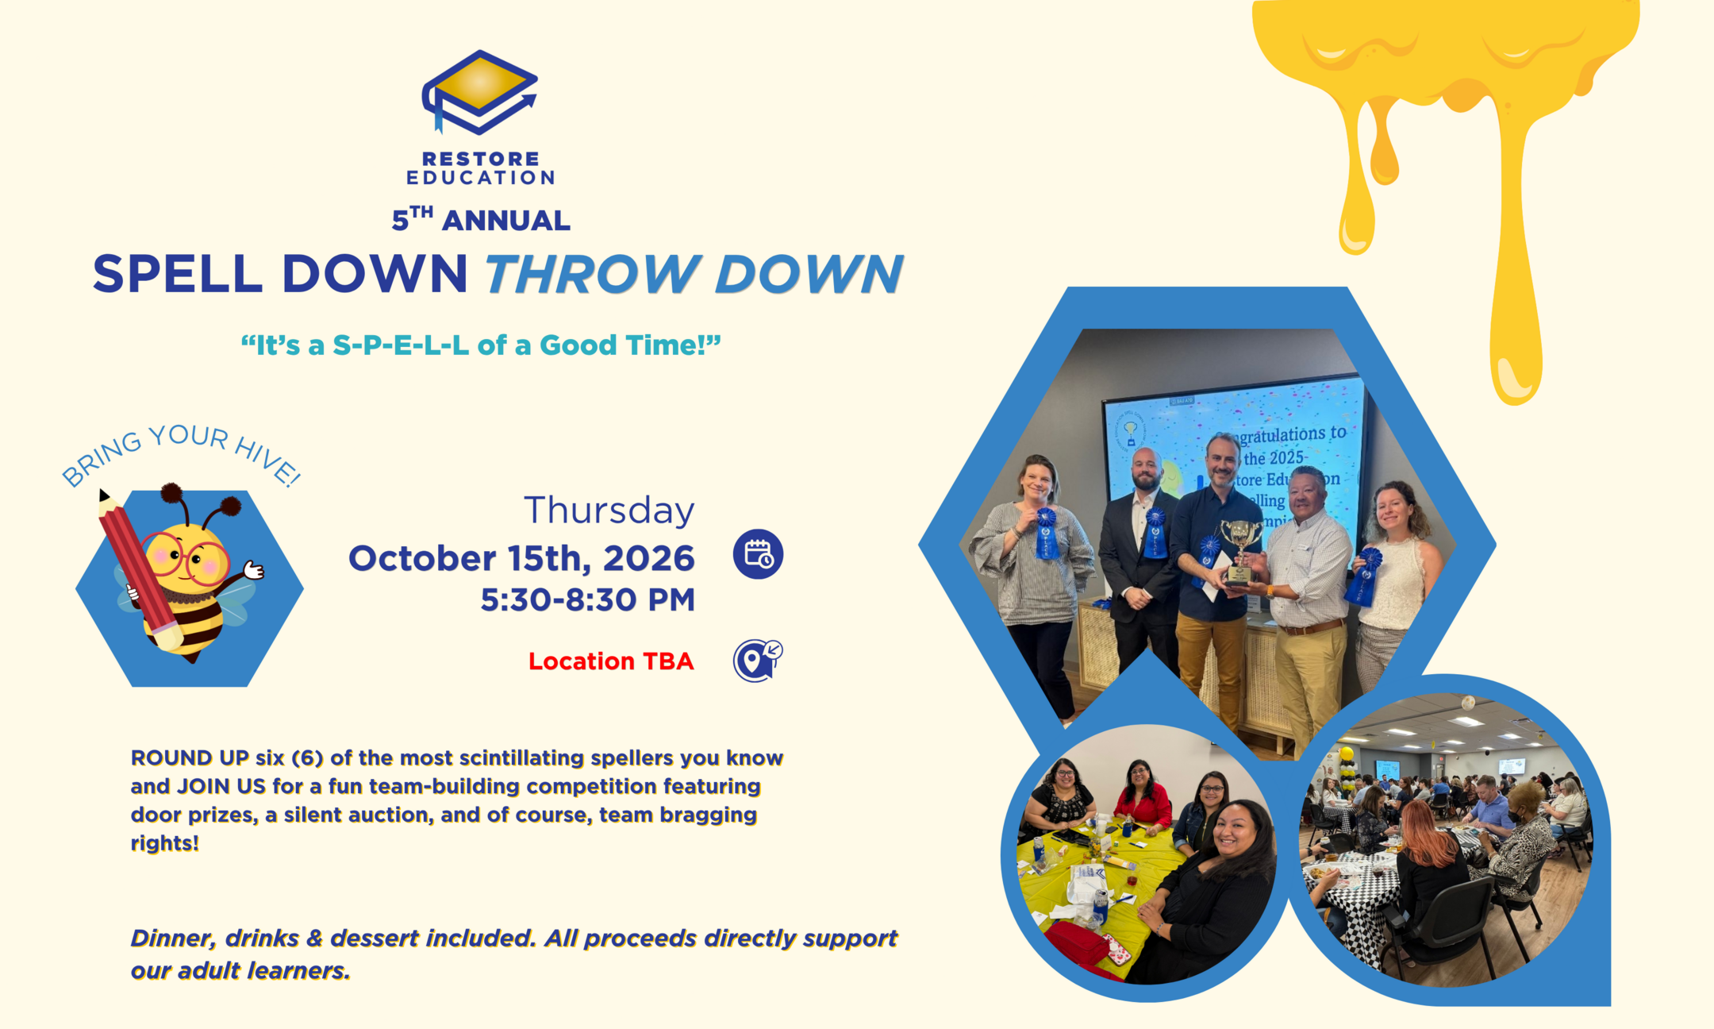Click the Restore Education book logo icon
479,92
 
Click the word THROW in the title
588,274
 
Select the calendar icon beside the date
758,553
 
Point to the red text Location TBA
611,661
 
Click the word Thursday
609,510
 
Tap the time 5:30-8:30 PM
587,599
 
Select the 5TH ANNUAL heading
481,219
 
